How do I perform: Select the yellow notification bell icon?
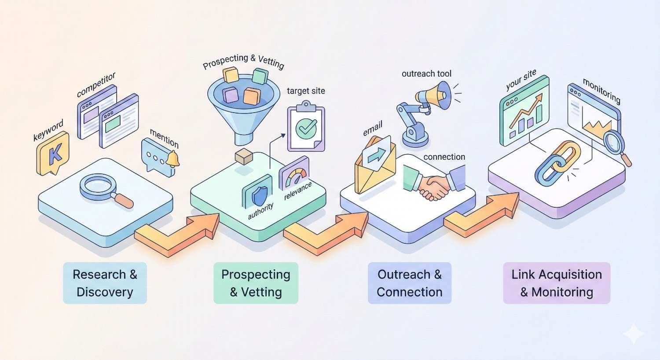[172, 159]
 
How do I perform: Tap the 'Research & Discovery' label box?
[105, 283]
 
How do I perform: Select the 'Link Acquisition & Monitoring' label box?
[557, 283]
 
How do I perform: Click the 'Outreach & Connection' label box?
[410, 283]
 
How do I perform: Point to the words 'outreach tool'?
[426, 73]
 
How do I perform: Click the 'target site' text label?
[306, 91]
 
